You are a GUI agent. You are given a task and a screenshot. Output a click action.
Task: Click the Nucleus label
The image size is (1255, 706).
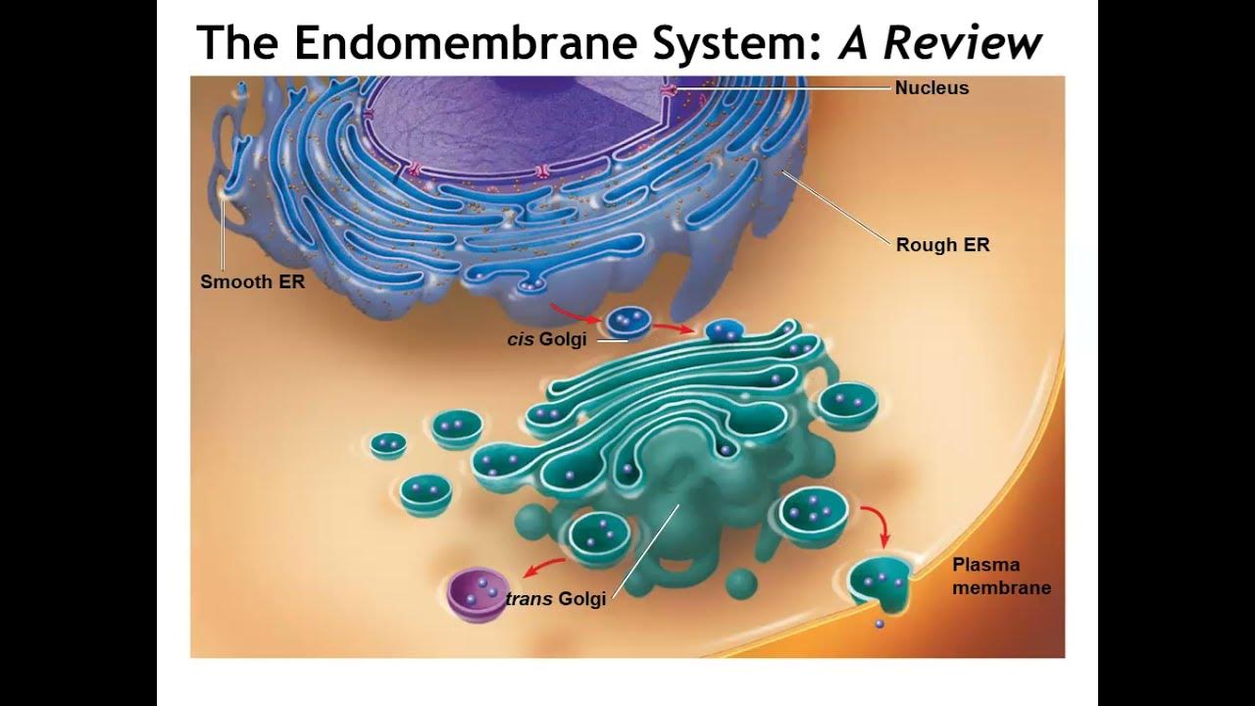click(x=931, y=88)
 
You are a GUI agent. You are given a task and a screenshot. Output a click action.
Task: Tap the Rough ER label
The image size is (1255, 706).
click(x=942, y=245)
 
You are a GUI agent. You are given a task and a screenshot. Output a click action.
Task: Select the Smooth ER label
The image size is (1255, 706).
click(x=252, y=282)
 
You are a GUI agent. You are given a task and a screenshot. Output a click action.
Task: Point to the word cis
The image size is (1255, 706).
click(x=520, y=340)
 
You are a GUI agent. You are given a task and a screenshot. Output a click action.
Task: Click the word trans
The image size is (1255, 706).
click(x=529, y=599)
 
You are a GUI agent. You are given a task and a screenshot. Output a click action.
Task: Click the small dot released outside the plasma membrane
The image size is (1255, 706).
click(x=878, y=624)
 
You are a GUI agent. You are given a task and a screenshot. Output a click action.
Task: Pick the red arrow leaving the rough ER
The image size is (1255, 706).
click(x=575, y=313)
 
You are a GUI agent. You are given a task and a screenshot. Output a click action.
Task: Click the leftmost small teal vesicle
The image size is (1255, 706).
click(x=388, y=444)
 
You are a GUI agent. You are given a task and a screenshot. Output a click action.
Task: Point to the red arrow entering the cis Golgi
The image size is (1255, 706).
click(x=675, y=327)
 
